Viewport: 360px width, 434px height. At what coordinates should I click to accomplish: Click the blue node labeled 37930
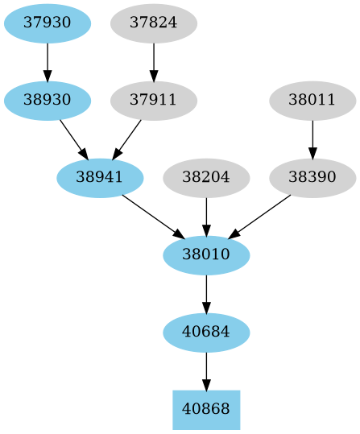48,23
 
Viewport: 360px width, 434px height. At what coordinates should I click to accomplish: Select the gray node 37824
153,23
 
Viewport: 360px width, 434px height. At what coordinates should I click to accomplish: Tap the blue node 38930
48,101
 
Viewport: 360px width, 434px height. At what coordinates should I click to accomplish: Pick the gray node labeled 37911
153,101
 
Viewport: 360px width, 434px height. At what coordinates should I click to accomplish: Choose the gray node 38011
312,101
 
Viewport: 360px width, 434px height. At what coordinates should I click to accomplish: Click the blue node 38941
100,178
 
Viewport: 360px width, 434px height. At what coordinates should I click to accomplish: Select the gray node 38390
312,178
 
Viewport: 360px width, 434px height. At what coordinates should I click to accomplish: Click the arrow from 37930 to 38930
48,61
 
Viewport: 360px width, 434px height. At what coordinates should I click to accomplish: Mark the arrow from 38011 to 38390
312,139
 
